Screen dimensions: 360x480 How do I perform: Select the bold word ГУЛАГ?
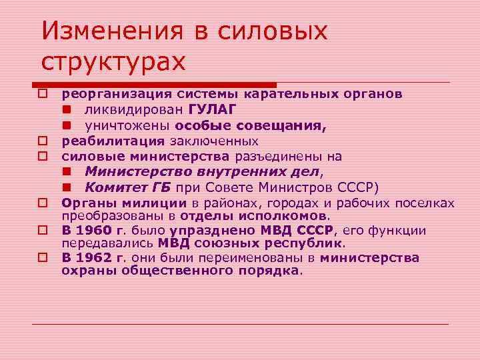click(x=212, y=109)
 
